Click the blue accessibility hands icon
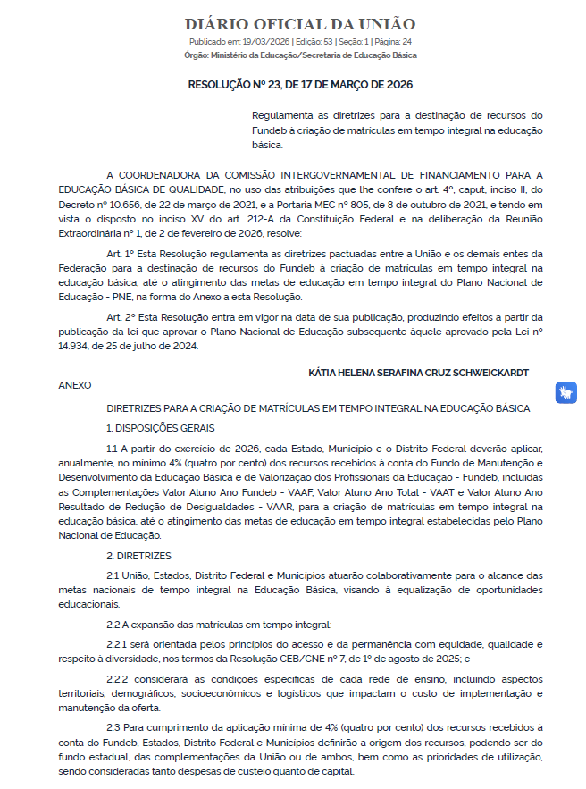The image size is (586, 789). [566, 391]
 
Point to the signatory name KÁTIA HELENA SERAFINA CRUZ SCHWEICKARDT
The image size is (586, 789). [419, 371]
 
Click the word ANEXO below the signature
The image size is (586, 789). [75, 385]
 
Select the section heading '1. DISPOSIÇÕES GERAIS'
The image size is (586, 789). [154, 427]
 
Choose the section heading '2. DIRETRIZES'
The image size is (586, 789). [133, 555]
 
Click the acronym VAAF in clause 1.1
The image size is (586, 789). [291, 491]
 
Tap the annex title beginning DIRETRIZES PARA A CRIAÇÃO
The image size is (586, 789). [317, 408]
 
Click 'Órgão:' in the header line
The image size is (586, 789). [196, 55]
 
